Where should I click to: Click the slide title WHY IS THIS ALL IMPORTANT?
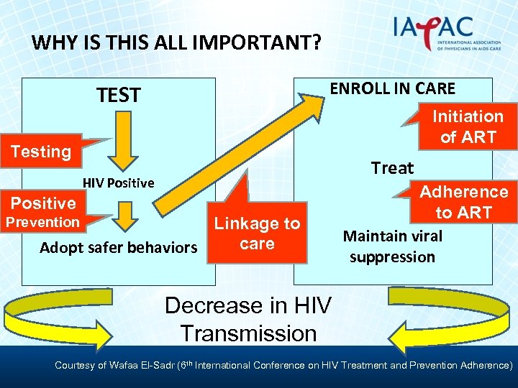pyautogui.click(x=176, y=42)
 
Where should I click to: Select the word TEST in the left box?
pyautogui.click(x=119, y=95)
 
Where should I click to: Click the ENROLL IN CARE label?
pyautogui.click(x=392, y=88)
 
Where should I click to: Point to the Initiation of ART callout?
pyautogui.click(x=468, y=126)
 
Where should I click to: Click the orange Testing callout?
pyautogui.click(x=41, y=151)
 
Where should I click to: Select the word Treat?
pyautogui.click(x=392, y=168)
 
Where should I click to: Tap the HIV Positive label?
pyautogui.click(x=118, y=183)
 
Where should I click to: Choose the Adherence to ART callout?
pyautogui.click(x=464, y=202)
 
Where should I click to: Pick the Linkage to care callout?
pyautogui.click(x=257, y=233)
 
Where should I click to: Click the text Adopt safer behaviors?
pyautogui.click(x=118, y=248)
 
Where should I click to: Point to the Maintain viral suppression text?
pyautogui.click(x=392, y=246)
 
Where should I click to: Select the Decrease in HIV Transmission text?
pyautogui.click(x=248, y=319)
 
